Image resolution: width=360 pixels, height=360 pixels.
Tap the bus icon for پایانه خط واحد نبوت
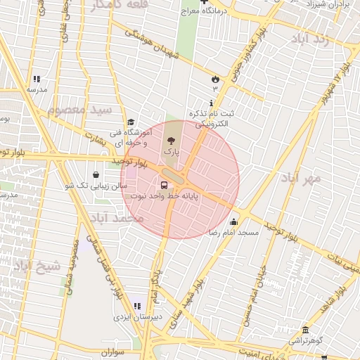(164, 186)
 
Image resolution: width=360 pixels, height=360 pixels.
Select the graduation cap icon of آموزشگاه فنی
(130, 122)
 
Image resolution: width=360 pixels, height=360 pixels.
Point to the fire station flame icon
(215, 79)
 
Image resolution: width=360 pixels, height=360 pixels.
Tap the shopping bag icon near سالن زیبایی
(96, 175)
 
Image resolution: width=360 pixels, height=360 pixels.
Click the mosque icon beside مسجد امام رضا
(234, 221)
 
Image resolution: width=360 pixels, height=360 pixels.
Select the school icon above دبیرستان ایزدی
(137, 306)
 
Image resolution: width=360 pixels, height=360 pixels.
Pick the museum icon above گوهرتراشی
(305, 330)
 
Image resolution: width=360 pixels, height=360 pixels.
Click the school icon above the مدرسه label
(37, 79)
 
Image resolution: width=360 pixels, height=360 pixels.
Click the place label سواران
(112, 352)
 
